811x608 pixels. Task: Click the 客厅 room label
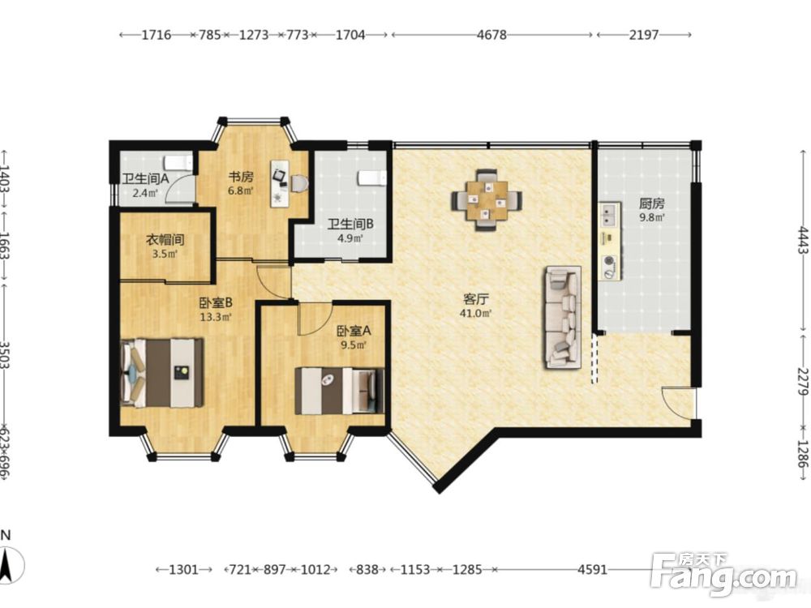[x=476, y=299]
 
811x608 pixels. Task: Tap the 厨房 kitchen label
[x=652, y=203]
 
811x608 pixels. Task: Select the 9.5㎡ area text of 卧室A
[x=354, y=345]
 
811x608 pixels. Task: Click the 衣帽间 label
[x=165, y=240]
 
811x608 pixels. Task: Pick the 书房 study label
[x=241, y=177]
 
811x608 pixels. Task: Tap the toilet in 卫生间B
[x=372, y=178]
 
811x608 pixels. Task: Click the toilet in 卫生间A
[x=178, y=163]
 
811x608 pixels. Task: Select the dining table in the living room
[x=486, y=200]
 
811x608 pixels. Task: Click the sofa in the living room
[x=562, y=317]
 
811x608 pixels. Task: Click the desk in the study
[x=280, y=183]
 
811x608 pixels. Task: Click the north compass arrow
[x=7, y=563]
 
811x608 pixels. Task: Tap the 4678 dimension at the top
[x=492, y=35]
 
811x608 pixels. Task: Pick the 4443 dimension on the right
[x=802, y=240]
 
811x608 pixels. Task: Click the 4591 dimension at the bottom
[x=592, y=570]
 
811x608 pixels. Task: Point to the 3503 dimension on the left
[x=5, y=355]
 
